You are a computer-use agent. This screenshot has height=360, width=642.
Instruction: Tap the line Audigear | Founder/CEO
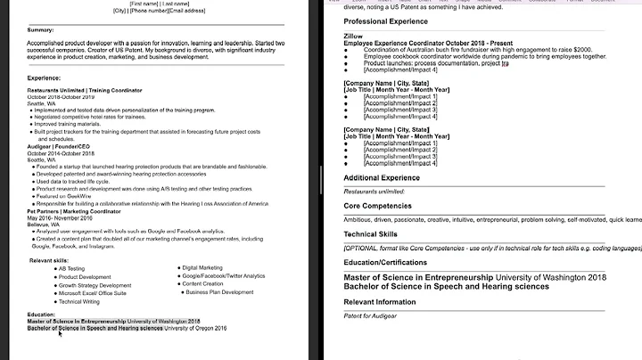point(60,146)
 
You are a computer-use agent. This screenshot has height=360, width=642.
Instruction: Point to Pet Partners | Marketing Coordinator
point(74,209)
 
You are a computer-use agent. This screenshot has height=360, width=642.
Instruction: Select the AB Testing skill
point(71,268)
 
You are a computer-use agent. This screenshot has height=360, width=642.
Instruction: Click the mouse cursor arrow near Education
point(60,333)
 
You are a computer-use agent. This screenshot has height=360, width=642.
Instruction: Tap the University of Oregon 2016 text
point(195,328)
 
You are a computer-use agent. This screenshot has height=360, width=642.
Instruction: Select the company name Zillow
point(354,35)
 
